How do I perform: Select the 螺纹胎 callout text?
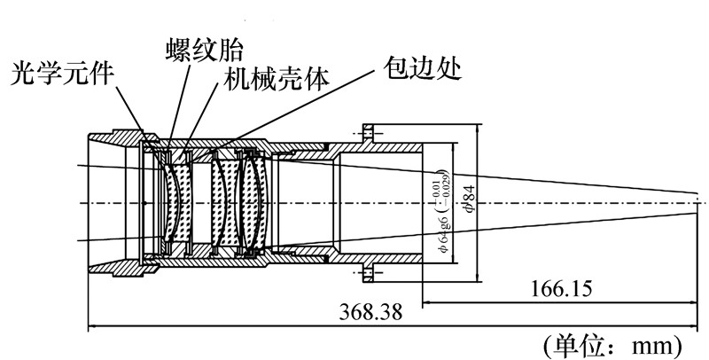pyautogui.click(x=205, y=47)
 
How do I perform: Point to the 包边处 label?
pyautogui.click(x=421, y=67)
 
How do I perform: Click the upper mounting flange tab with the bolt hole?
pyautogui.click(x=370, y=135)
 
